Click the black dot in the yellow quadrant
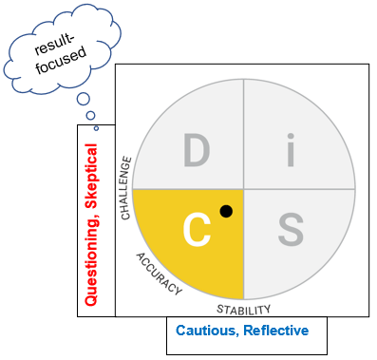(225, 211)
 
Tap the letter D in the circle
(196, 151)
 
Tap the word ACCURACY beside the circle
(159, 274)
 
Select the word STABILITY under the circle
(244, 310)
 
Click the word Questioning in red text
(92, 263)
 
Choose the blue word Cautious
(207, 331)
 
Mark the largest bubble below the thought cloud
(85, 99)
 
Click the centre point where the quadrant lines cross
(244, 189)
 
